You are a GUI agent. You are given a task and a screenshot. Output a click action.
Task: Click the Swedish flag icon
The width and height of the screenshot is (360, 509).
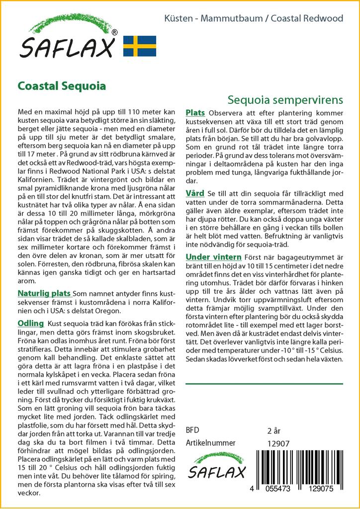pyautogui.click(x=139, y=46)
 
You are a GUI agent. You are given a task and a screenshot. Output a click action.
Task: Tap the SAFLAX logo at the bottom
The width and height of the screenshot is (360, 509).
pyautogui.click(x=215, y=466)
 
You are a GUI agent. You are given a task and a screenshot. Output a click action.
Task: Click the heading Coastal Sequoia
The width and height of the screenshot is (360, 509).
pyautogui.click(x=62, y=85)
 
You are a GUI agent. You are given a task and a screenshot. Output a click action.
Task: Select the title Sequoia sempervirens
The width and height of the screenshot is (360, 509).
pyautogui.click(x=285, y=99)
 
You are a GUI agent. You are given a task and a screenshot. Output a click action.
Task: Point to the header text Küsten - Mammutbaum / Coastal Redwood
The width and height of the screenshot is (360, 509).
pyautogui.click(x=254, y=18)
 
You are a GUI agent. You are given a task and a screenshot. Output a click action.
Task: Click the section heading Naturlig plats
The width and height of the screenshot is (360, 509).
pyautogui.click(x=44, y=293)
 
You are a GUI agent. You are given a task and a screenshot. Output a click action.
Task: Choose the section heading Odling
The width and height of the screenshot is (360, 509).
pyautogui.click(x=31, y=323)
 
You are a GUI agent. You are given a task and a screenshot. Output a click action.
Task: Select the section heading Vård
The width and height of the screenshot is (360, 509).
pyautogui.click(x=195, y=193)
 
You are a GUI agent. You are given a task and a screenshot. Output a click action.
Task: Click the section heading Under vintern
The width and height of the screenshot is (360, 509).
pyautogui.click(x=213, y=256)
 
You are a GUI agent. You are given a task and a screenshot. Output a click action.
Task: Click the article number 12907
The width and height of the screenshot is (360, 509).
pyautogui.click(x=278, y=443)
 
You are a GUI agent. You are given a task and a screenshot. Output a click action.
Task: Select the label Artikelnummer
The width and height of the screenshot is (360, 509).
pyautogui.click(x=210, y=443)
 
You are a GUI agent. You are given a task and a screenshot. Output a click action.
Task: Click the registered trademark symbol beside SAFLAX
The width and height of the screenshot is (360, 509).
pyautogui.click(x=114, y=33)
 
